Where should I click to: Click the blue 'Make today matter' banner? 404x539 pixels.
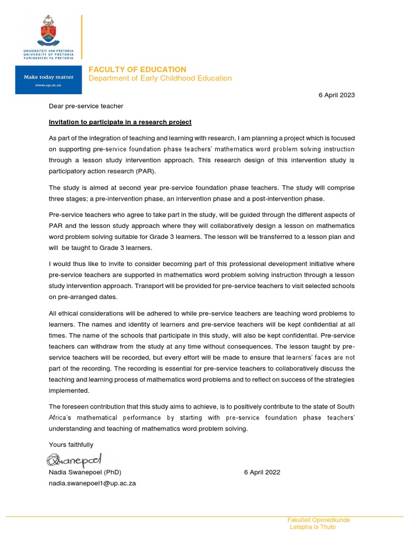[x=48, y=80]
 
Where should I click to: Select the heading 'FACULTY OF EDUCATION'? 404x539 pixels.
[x=137, y=69]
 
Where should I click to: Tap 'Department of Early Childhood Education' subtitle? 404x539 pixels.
[x=160, y=78]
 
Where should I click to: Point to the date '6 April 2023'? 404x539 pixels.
[x=337, y=95]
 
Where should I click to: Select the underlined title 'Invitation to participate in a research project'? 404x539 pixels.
[x=120, y=122]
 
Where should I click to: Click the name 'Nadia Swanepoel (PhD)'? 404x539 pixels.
[x=85, y=472]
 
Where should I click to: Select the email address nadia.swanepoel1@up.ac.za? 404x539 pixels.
[x=92, y=483]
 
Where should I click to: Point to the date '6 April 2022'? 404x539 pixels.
[x=262, y=472]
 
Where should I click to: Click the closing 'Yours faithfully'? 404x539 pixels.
[x=70, y=445]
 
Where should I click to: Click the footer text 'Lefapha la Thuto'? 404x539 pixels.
[x=312, y=527]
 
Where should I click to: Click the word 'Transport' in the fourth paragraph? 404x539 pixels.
[x=150, y=286]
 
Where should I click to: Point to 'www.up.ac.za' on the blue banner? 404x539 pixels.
[x=48, y=85]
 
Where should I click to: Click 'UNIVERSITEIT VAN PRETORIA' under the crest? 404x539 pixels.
[x=48, y=51]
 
